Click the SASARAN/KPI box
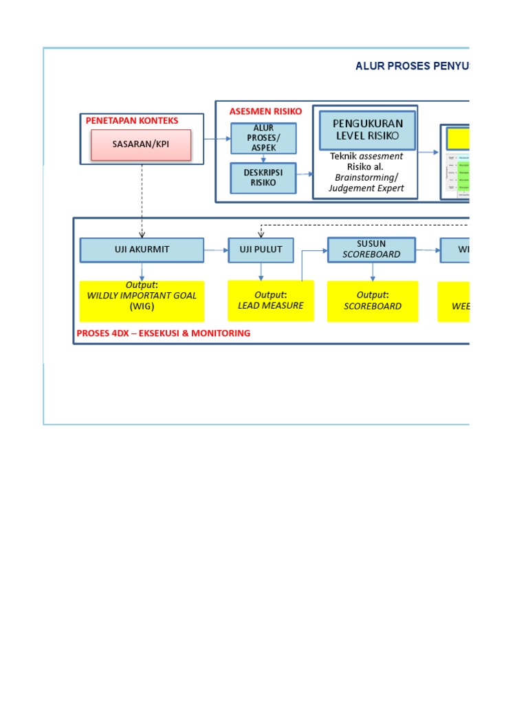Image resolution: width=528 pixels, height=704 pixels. point(141,145)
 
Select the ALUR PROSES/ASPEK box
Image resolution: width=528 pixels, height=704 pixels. point(263,138)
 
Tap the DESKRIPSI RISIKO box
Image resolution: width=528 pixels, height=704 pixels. point(263,177)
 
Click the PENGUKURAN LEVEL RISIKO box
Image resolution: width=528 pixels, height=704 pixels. point(368,129)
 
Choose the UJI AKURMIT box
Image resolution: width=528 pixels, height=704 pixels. point(142,250)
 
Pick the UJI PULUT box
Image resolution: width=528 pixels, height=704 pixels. point(261,250)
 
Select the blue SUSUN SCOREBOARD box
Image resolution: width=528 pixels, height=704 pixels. point(371,250)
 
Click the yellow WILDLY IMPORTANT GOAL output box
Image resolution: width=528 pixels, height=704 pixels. point(142,300)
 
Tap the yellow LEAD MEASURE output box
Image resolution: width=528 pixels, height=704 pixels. point(270,300)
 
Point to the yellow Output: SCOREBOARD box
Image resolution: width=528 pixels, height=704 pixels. point(372,300)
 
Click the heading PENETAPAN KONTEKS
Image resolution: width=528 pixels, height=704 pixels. point(131,120)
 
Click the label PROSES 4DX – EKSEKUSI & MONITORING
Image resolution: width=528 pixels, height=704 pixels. point(164,333)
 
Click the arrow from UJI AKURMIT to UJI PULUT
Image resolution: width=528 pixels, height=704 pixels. point(216,250)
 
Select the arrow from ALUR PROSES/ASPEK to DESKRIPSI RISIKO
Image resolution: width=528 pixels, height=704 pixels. point(263,158)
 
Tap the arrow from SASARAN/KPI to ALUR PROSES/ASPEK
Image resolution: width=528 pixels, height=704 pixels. point(218,139)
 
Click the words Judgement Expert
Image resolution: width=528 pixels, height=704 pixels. point(366,188)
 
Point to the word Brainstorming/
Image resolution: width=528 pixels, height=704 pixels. point(366,177)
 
